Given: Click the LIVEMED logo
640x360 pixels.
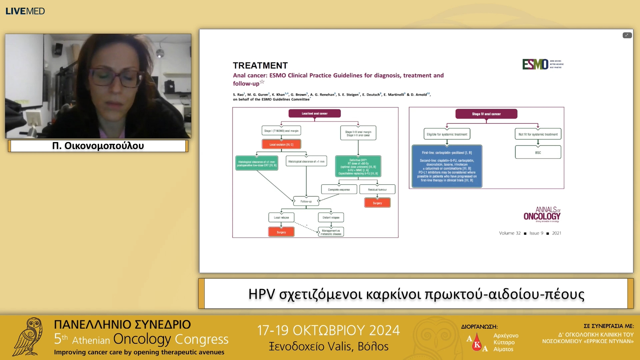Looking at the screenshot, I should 25,11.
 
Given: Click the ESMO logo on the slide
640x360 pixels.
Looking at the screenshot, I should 535,64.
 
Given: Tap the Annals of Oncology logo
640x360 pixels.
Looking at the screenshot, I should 542,214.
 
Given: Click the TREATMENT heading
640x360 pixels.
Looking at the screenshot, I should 260,65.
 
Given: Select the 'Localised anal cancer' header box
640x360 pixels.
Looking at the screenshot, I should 314,114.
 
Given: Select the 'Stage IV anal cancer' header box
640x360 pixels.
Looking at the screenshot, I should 486,114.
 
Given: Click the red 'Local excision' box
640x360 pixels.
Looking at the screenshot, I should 281,144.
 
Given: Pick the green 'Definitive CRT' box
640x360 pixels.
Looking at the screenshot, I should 358,166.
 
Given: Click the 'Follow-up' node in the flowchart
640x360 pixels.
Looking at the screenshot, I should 306,201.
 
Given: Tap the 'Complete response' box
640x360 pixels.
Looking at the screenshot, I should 339,189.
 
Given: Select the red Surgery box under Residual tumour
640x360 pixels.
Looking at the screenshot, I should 377,203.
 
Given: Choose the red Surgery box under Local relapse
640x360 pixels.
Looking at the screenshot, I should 281,232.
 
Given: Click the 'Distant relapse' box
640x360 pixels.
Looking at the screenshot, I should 331,217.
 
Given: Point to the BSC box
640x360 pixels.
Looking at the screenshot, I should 538,152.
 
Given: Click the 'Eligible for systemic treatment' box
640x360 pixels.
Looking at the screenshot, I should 447,134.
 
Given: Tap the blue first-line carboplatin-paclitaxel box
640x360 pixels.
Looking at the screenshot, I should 447,166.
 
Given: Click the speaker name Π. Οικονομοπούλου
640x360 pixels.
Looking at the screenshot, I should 98,146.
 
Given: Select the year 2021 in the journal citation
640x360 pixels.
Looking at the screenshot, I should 556,233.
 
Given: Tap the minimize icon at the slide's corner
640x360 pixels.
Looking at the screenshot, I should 627,35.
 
